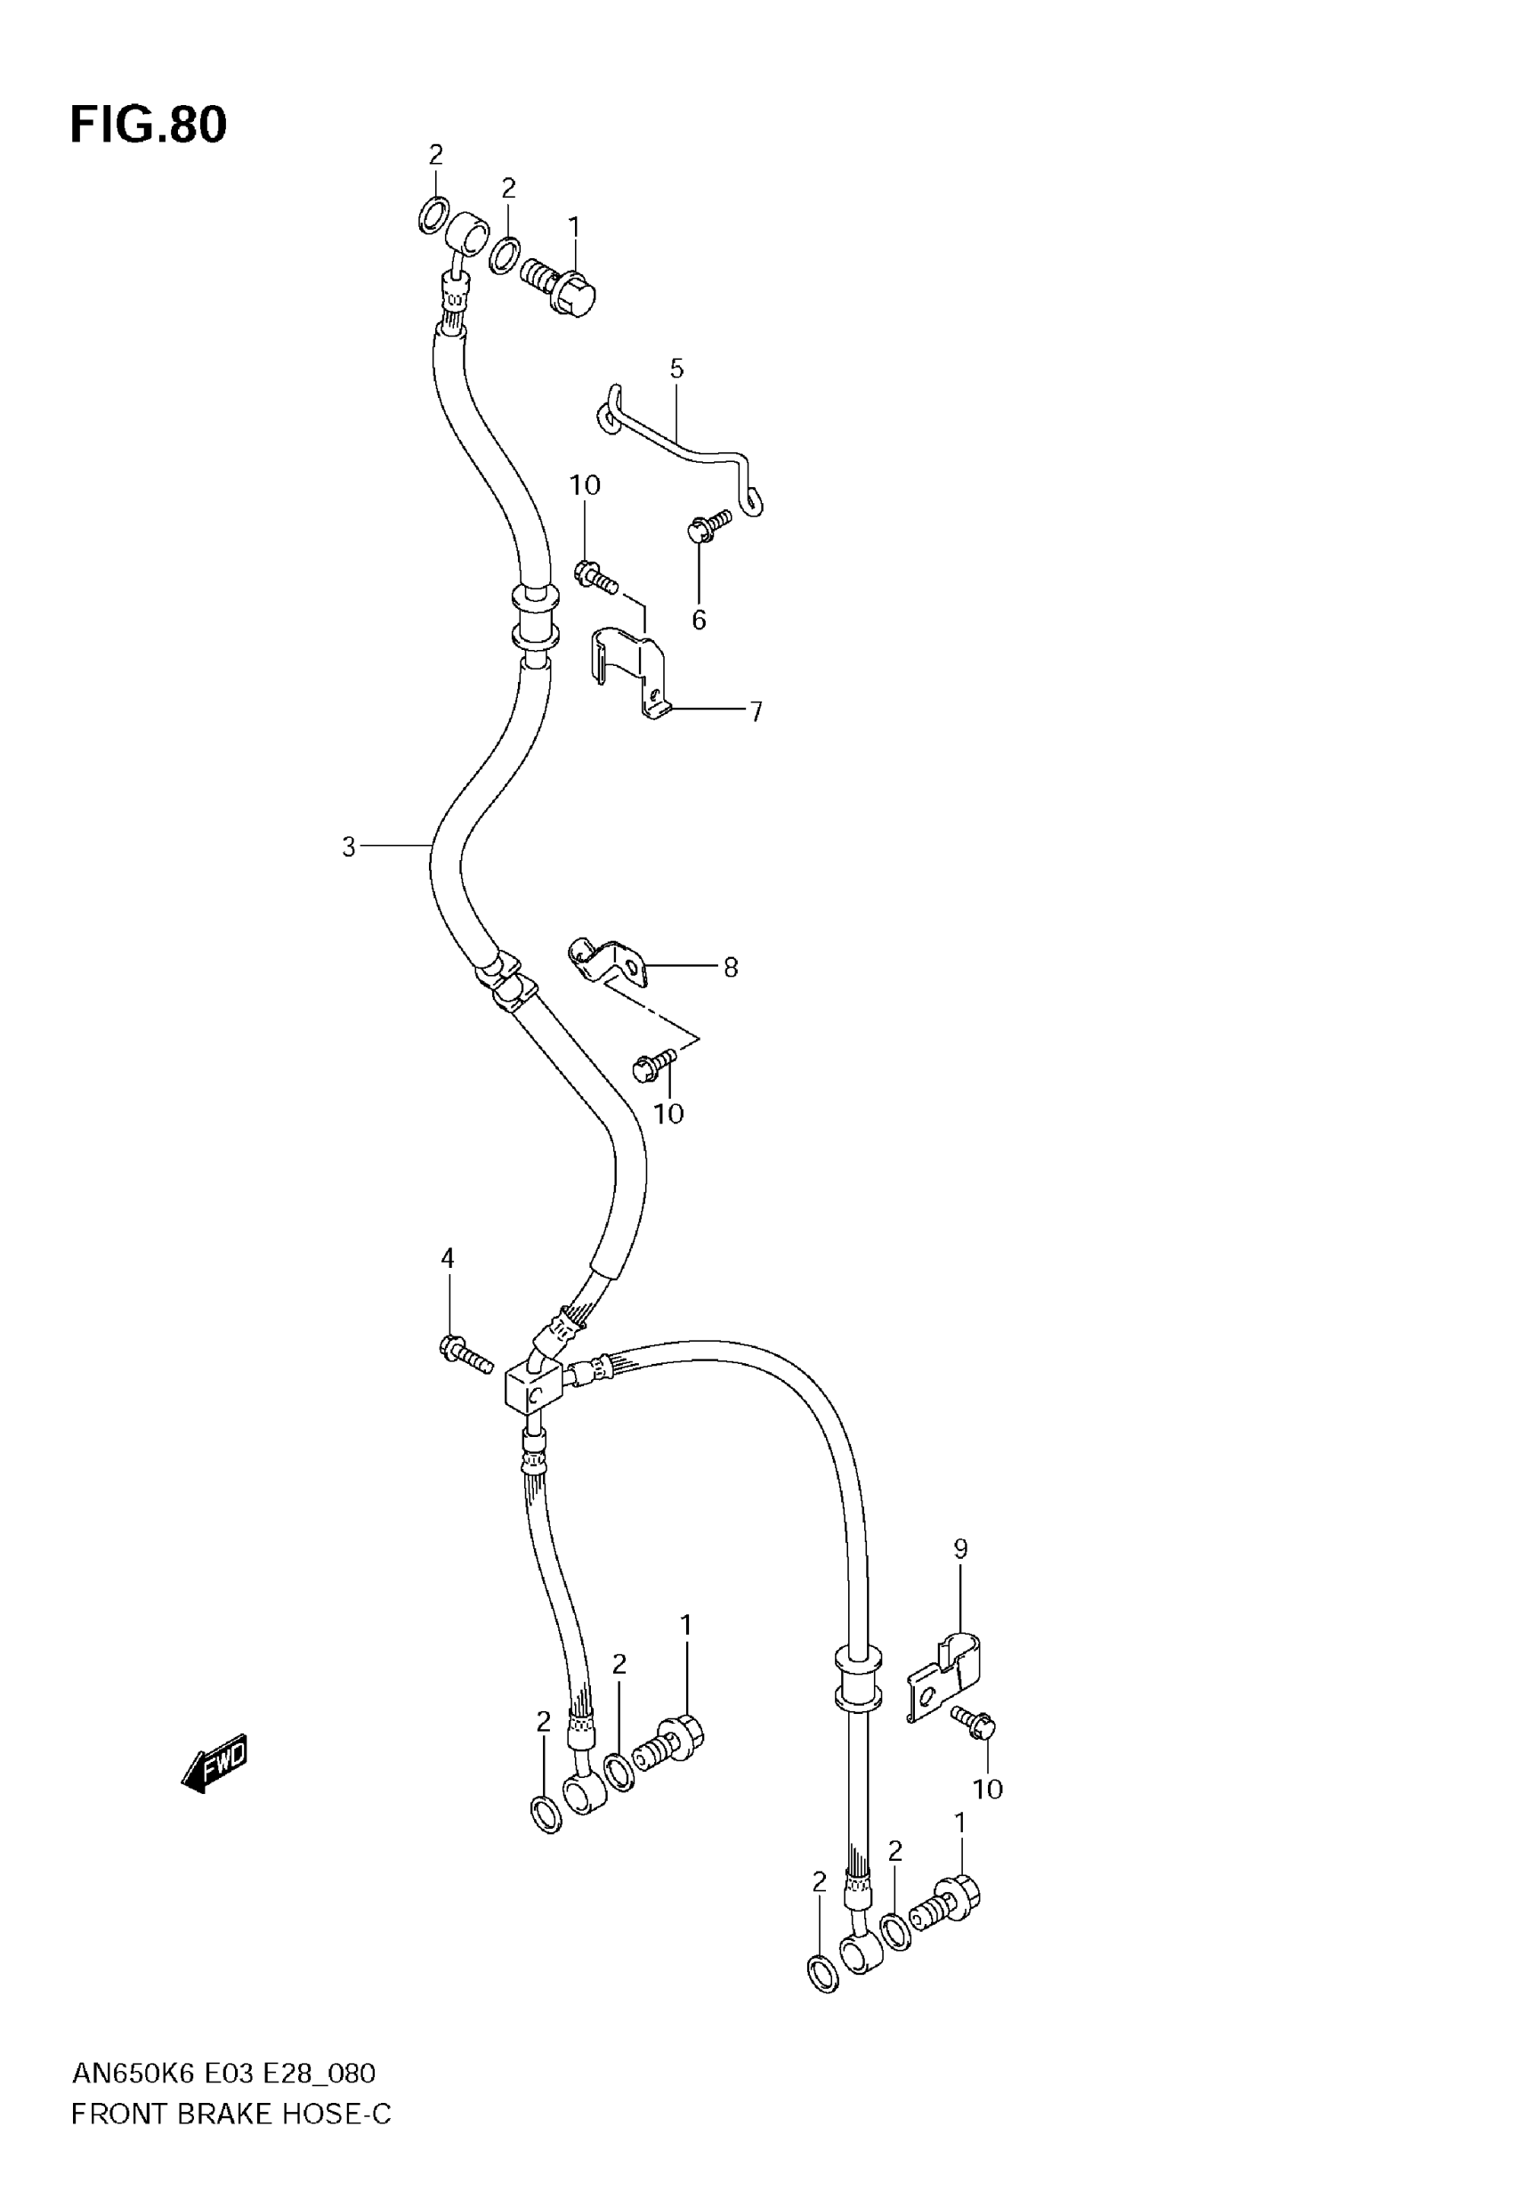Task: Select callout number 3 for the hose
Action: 349,847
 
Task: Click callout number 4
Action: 448,1258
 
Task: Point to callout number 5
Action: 676,369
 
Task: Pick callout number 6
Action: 699,620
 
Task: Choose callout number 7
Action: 756,711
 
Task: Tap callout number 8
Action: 730,967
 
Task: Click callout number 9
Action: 960,1549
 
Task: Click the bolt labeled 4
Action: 465,1353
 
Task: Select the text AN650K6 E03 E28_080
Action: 223,2074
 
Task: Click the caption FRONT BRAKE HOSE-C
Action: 231,2115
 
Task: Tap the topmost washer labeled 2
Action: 433,216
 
